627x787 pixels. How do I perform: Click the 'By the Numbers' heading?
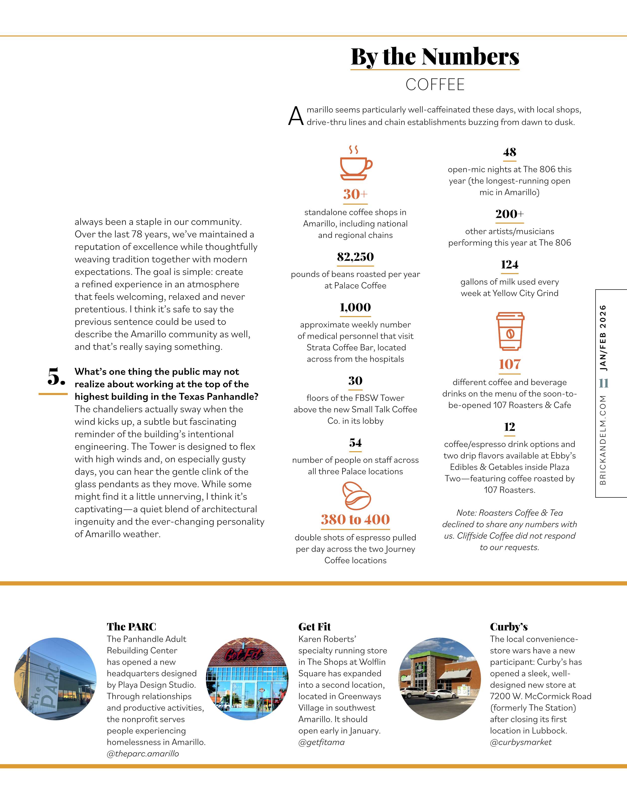435,57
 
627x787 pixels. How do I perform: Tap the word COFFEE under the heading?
435,85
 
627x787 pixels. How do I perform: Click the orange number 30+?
355,194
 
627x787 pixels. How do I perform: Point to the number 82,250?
355,257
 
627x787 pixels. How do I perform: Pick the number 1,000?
355,307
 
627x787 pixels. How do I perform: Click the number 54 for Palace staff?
355,443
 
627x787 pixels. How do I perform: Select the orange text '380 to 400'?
355,519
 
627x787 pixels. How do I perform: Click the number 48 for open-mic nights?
509,152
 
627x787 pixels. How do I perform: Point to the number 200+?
509,214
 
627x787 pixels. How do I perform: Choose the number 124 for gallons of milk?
509,264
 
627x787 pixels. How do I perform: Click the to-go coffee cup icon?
510,331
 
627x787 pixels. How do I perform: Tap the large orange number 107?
509,364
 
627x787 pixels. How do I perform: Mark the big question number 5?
56,377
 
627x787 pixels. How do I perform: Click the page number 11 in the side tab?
603,383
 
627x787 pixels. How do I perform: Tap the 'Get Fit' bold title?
314,627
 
